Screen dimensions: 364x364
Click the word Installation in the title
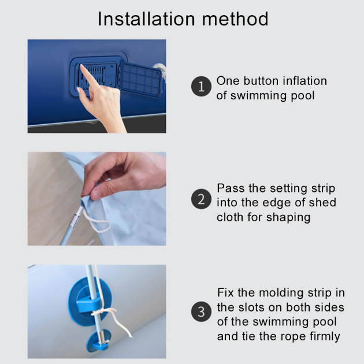146,19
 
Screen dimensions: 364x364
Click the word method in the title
235,19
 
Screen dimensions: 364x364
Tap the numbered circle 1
201,86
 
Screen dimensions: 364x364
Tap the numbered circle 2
201,199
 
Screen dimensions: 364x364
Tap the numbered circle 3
201,311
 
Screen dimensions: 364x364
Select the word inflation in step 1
305,81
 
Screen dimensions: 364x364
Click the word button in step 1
261,81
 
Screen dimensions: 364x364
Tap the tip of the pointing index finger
81,66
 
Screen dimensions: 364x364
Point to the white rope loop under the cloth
98,223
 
